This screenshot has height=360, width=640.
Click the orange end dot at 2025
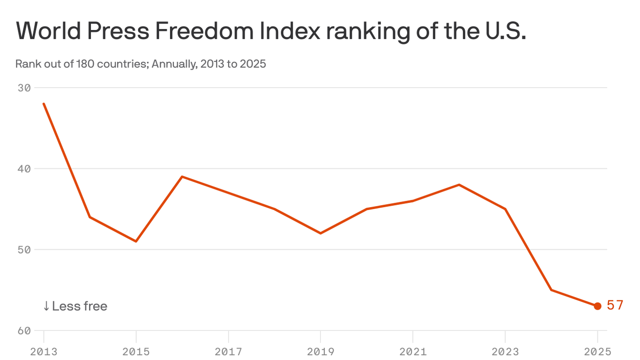(x=597, y=306)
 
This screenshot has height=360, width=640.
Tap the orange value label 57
(x=615, y=306)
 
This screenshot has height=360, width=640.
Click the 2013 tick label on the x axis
(x=44, y=352)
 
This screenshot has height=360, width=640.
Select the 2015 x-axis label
(x=136, y=352)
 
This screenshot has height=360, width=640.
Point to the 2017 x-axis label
(x=228, y=352)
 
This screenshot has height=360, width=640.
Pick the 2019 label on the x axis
(x=320, y=352)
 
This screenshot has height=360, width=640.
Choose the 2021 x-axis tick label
(x=413, y=352)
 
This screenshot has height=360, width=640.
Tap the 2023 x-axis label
(x=505, y=352)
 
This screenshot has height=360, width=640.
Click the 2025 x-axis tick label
(x=597, y=352)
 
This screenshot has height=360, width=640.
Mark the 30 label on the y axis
(x=24, y=88)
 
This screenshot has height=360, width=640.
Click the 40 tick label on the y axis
(x=24, y=169)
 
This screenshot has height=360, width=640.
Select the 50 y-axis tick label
(x=24, y=249)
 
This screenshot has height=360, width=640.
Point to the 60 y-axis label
(x=24, y=330)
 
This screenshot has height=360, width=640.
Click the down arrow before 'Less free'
(x=46, y=306)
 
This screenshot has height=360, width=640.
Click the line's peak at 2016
(x=182, y=177)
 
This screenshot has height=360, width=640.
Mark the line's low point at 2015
(x=136, y=241)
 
